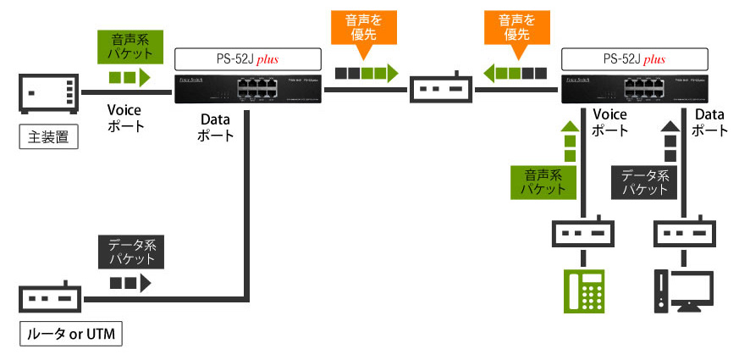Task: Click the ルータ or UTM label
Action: click(x=71, y=335)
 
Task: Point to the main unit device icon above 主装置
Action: click(x=48, y=92)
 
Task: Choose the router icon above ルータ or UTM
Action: click(x=48, y=299)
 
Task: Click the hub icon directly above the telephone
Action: click(x=584, y=233)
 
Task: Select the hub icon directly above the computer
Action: click(x=684, y=233)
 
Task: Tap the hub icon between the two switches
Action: click(x=441, y=90)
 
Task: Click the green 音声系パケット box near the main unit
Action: click(x=130, y=47)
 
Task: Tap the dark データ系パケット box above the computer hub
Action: click(x=645, y=183)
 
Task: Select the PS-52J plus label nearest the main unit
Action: click(x=247, y=59)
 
